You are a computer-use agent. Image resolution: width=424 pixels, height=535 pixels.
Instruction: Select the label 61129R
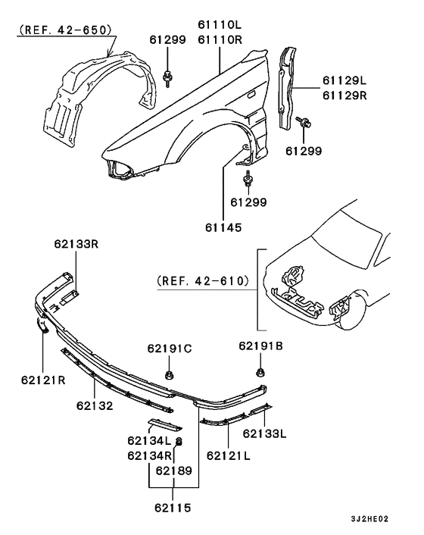pos(344,95)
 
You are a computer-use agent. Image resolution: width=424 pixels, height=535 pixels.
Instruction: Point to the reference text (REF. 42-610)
pos(203,280)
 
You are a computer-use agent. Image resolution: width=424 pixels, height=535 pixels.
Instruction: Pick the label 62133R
pos(76,244)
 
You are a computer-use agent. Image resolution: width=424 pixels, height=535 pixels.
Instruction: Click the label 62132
pos(95,405)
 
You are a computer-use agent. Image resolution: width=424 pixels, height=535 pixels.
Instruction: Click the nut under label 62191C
pos(169,374)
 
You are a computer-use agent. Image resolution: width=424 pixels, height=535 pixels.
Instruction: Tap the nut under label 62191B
pos(260,372)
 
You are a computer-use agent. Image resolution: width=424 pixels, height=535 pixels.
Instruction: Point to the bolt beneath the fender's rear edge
pos(248,180)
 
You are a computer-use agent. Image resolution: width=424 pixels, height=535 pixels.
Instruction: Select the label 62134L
pos(147,441)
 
